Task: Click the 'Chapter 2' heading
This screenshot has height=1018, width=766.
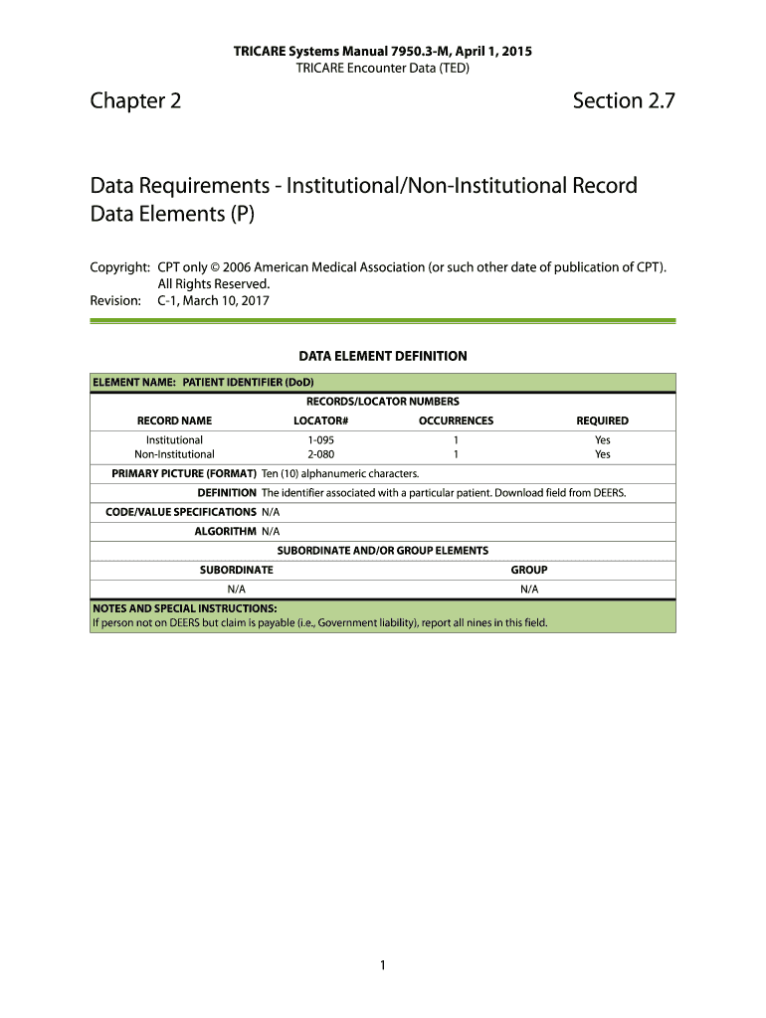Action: point(135,100)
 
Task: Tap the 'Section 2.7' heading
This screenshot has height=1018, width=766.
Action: point(624,100)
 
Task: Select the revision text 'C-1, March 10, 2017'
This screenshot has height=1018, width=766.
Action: point(214,300)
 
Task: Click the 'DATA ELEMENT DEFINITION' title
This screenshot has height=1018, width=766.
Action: point(383,355)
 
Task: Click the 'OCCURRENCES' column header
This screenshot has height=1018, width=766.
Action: point(456,421)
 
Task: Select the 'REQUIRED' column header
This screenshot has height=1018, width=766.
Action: point(602,421)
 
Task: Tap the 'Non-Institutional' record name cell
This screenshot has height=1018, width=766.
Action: point(174,454)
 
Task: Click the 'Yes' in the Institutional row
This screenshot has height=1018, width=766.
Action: point(602,439)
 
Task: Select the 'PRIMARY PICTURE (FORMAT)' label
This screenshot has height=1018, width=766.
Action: point(184,473)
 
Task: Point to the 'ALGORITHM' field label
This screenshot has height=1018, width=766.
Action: point(225,531)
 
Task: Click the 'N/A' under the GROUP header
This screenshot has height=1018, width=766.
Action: point(529,589)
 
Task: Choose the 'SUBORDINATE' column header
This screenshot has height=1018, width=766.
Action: point(237,570)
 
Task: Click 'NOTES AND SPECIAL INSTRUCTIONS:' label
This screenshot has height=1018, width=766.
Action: point(184,608)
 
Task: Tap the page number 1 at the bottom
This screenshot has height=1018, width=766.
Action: point(382,964)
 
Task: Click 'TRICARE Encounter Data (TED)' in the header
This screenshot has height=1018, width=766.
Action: point(383,68)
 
